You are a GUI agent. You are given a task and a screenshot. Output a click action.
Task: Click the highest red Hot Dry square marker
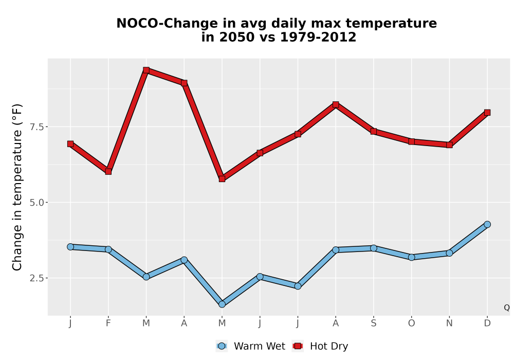point(146,70)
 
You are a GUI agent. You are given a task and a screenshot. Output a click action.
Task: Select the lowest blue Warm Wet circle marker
point(222,304)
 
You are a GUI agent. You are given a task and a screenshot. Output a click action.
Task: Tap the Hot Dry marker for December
point(487,113)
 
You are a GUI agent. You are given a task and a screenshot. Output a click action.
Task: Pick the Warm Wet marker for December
point(487,224)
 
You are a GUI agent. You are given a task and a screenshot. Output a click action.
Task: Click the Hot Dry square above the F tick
point(108,171)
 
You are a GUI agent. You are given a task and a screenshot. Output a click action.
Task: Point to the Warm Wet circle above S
point(373,248)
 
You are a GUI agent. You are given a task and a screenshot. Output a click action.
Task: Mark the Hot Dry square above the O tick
point(411,141)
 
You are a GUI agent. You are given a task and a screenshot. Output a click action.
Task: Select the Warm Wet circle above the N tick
point(449,253)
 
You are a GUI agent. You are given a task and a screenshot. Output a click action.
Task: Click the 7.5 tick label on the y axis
point(36,127)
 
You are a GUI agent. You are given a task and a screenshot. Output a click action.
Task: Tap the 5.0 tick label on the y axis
point(36,203)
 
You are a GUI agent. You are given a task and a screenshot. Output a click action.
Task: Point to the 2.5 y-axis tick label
point(36,278)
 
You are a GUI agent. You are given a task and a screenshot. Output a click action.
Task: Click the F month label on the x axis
point(108,323)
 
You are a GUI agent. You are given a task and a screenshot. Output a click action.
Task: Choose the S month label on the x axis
point(373,323)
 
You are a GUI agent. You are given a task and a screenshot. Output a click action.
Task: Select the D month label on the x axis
point(487,323)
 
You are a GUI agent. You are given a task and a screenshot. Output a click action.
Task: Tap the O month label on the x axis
point(411,323)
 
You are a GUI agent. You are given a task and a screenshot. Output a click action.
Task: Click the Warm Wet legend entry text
point(259,346)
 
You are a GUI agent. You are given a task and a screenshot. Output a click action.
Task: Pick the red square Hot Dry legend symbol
point(298,346)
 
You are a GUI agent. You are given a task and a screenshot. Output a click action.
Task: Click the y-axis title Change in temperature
point(17,187)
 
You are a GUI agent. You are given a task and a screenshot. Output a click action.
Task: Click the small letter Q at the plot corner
point(507,308)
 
